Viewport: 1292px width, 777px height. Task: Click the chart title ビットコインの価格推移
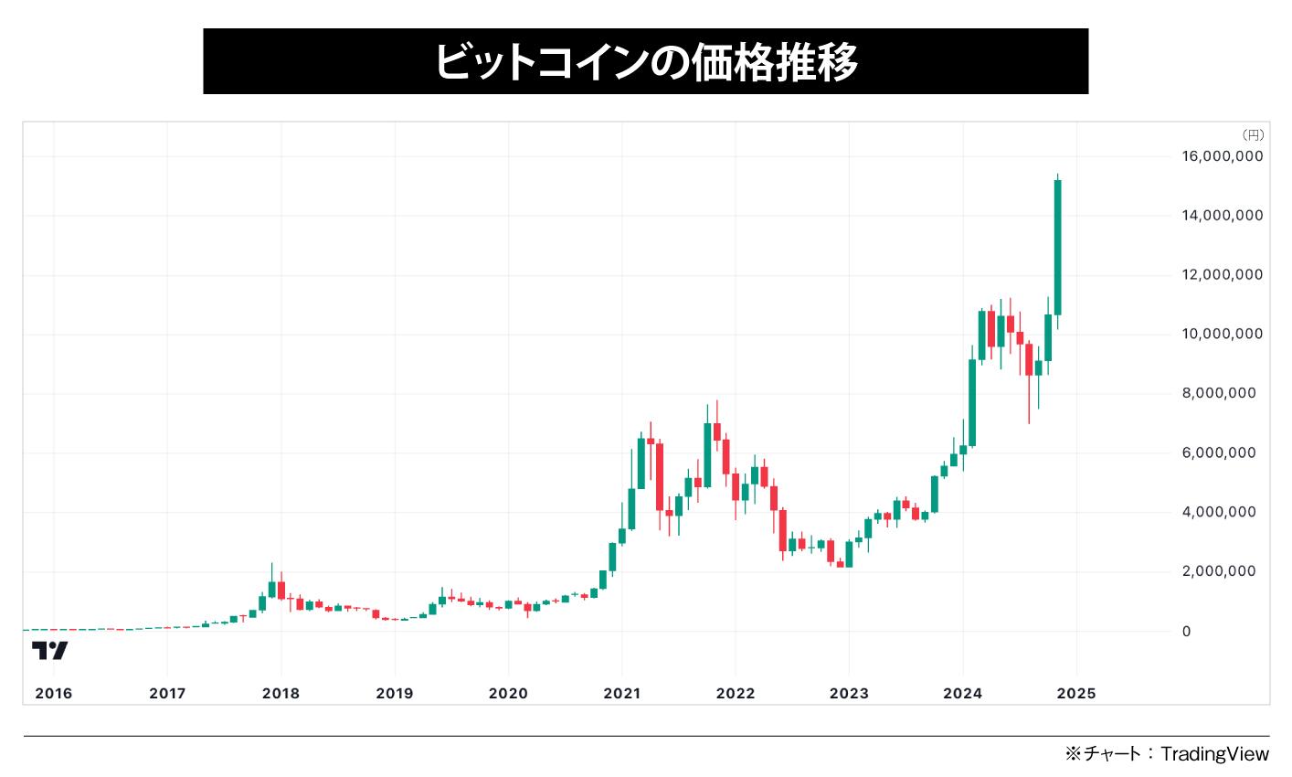point(645,62)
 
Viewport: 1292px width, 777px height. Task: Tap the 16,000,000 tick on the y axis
point(1222,156)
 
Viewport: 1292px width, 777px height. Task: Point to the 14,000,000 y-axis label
point(1222,216)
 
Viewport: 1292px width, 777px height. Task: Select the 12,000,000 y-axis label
point(1222,275)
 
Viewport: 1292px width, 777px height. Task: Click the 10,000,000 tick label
point(1222,335)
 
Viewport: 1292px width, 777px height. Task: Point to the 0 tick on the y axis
point(1186,632)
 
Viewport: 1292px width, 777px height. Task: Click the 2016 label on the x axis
point(53,694)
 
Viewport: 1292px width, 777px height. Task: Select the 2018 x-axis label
point(281,694)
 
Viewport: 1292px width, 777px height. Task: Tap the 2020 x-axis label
point(508,694)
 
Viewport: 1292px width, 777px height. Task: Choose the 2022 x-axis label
point(735,694)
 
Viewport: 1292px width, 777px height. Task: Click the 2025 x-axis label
point(1075,694)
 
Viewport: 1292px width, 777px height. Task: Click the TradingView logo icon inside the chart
point(49,651)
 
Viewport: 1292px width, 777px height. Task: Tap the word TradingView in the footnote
point(1214,754)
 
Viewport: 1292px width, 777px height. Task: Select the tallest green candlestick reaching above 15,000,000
point(1057,247)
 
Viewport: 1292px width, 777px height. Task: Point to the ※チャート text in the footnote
point(1103,754)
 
